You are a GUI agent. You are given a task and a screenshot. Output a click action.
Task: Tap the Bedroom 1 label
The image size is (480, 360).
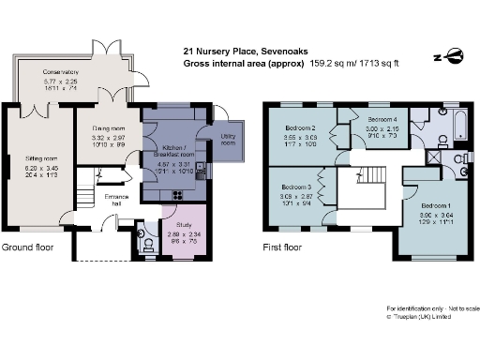(434, 205)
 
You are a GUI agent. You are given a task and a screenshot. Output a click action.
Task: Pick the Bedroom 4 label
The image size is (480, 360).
(381, 121)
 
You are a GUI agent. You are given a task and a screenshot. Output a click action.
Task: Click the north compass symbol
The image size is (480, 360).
(453, 54)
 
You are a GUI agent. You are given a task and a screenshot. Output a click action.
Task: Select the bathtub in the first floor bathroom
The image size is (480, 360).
(460, 123)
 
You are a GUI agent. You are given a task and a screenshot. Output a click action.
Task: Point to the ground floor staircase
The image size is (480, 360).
(86, 195)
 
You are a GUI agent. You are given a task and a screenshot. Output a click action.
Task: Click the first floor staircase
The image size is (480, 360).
(376, 175)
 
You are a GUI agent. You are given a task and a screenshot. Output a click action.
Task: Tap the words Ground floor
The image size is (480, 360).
(27, 248)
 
